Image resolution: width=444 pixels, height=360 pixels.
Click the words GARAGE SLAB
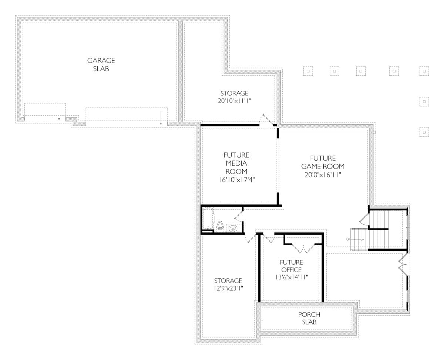[x=101, y=64]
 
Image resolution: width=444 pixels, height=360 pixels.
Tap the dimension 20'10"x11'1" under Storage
[x=234, y=101]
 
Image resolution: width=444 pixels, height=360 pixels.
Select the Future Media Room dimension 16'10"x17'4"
[x=236, y=180]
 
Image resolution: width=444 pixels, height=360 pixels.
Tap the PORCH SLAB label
[x=309, y=318]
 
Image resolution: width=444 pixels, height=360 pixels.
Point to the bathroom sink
[x=233, y=228]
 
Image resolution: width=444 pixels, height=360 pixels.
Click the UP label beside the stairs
[x=348, y=240]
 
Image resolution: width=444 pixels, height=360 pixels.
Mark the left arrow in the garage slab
[x=59, y=114]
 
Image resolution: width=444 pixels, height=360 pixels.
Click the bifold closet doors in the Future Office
[x=303, y=248]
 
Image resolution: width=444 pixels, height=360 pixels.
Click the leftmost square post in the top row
[x=308, y=71]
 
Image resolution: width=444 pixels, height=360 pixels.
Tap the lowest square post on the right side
[x=424, y=132]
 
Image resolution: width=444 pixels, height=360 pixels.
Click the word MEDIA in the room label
[x=236, y=163]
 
